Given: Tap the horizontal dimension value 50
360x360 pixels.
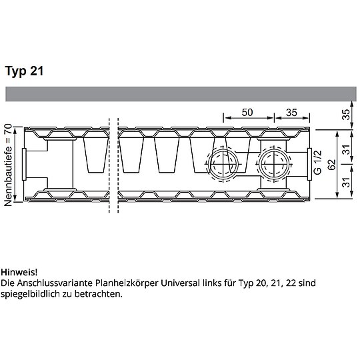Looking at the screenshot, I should pyautogui.click(x=247, y=112).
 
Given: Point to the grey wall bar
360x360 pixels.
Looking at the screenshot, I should pyautogui.click(x=180, y=93).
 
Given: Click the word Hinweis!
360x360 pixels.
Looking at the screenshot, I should pyautogui.click(x=19, y=273).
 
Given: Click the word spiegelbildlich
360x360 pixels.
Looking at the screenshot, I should pyautogui.click(x=30, y=294).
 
